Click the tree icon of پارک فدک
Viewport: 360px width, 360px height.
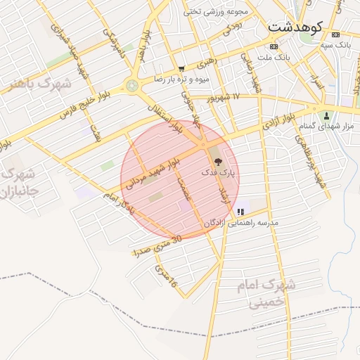217,161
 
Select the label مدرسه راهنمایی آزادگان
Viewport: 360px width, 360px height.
241,222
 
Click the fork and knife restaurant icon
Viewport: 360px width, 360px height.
240,211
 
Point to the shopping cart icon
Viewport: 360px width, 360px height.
182,69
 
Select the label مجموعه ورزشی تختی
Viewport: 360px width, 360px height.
216,11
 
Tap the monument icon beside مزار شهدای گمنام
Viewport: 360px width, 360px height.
325,115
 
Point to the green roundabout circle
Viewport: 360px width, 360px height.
131,86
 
